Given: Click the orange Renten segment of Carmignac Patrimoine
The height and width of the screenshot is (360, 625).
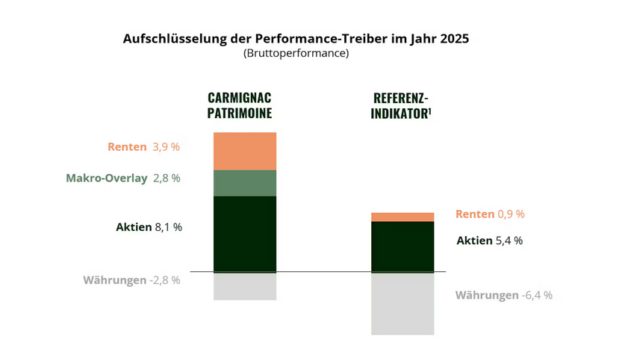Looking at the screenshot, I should (x=245, y=151).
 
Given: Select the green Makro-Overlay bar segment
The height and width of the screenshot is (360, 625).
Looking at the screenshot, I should (x=245, y=183).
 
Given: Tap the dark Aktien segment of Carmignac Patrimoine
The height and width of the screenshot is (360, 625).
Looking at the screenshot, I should (x=245, y=234).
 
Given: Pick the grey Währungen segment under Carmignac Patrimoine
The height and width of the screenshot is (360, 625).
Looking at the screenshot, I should (x=245, y=286).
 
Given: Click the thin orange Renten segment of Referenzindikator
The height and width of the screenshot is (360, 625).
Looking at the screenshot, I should (x=402, y=217).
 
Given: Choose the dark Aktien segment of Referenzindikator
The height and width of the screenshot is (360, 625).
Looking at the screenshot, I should (x=402, y=246).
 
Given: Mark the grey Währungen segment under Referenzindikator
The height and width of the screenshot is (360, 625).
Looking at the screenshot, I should (x=402, y=303).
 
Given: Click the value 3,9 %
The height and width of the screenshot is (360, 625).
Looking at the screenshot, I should (x=166, y=147).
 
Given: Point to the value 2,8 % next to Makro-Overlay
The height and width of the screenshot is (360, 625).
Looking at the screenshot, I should (x=166, y=179).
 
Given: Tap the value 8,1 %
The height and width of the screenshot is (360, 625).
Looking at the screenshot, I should (x=168, y=227).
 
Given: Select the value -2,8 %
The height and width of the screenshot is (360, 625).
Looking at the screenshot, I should (x=164, y=280).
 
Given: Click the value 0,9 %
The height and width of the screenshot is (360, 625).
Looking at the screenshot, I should (x=511, y=214).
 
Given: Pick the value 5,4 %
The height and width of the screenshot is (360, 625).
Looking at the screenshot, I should (x=509, y=240).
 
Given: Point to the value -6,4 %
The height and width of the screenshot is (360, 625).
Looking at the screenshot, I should (x=537, y=295).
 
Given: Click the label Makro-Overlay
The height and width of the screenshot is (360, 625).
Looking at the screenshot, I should (x=107, y=179).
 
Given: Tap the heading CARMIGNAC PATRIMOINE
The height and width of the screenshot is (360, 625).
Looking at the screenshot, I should (x=239, y=106).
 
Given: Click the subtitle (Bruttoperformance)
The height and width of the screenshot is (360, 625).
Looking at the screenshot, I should (x=296, y=54).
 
